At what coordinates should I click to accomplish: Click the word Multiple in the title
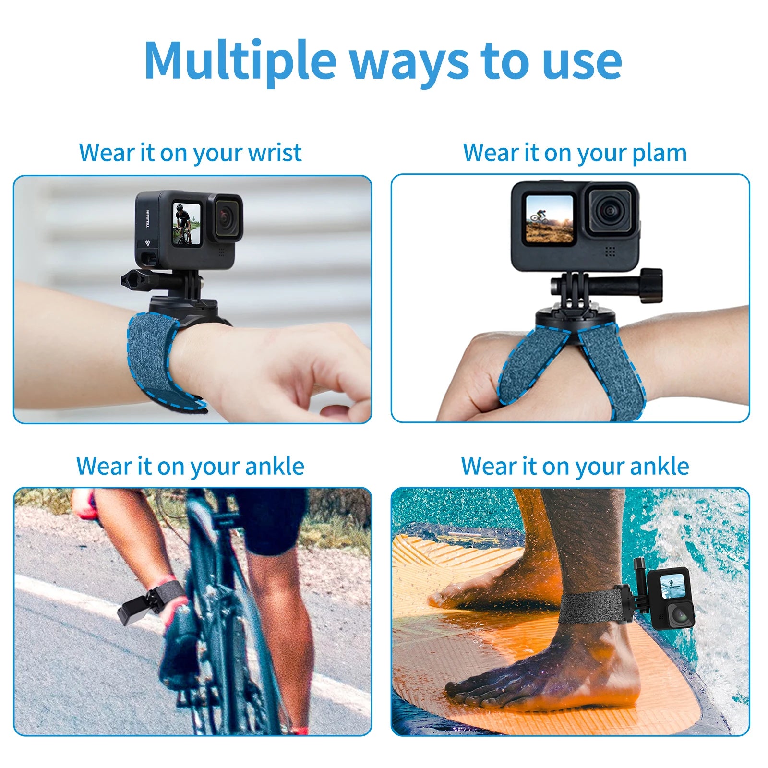[240, 61]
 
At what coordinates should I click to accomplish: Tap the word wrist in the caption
[275, 153]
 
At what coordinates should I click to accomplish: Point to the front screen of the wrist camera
[186, 224]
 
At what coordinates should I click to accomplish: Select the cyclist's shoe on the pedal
[180, 638]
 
